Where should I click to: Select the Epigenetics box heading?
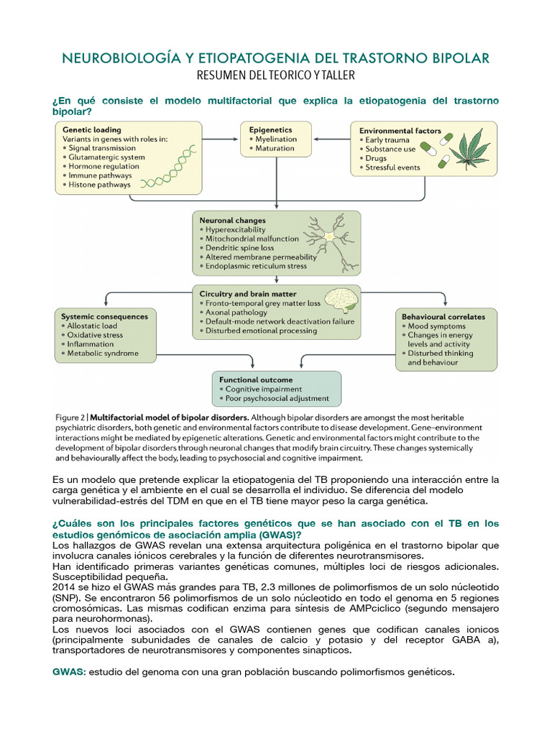(x=270, y=130)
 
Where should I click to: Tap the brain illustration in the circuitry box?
(x=341, y=300)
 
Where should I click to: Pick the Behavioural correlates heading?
(x=443, y=316)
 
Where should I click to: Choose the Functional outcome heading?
(x=255, y=379)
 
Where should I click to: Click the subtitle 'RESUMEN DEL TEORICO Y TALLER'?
(x=276, y=75)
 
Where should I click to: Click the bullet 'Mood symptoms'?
(x=438, y=326)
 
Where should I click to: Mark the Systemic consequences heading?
(x=104, y=316)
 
